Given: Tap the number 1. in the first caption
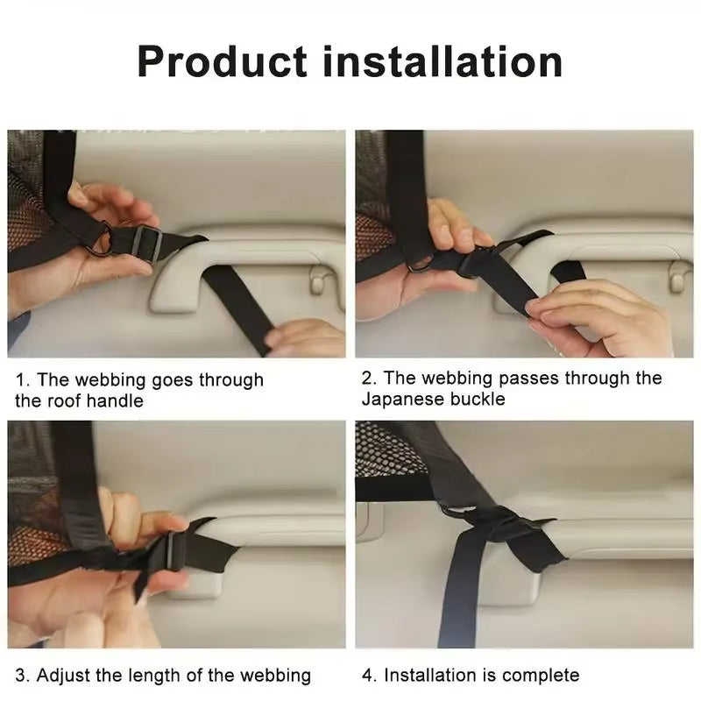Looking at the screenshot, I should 24,380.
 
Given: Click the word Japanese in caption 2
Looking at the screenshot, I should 400,400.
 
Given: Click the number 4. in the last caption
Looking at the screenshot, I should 370,675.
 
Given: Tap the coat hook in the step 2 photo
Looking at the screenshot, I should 676,275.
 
